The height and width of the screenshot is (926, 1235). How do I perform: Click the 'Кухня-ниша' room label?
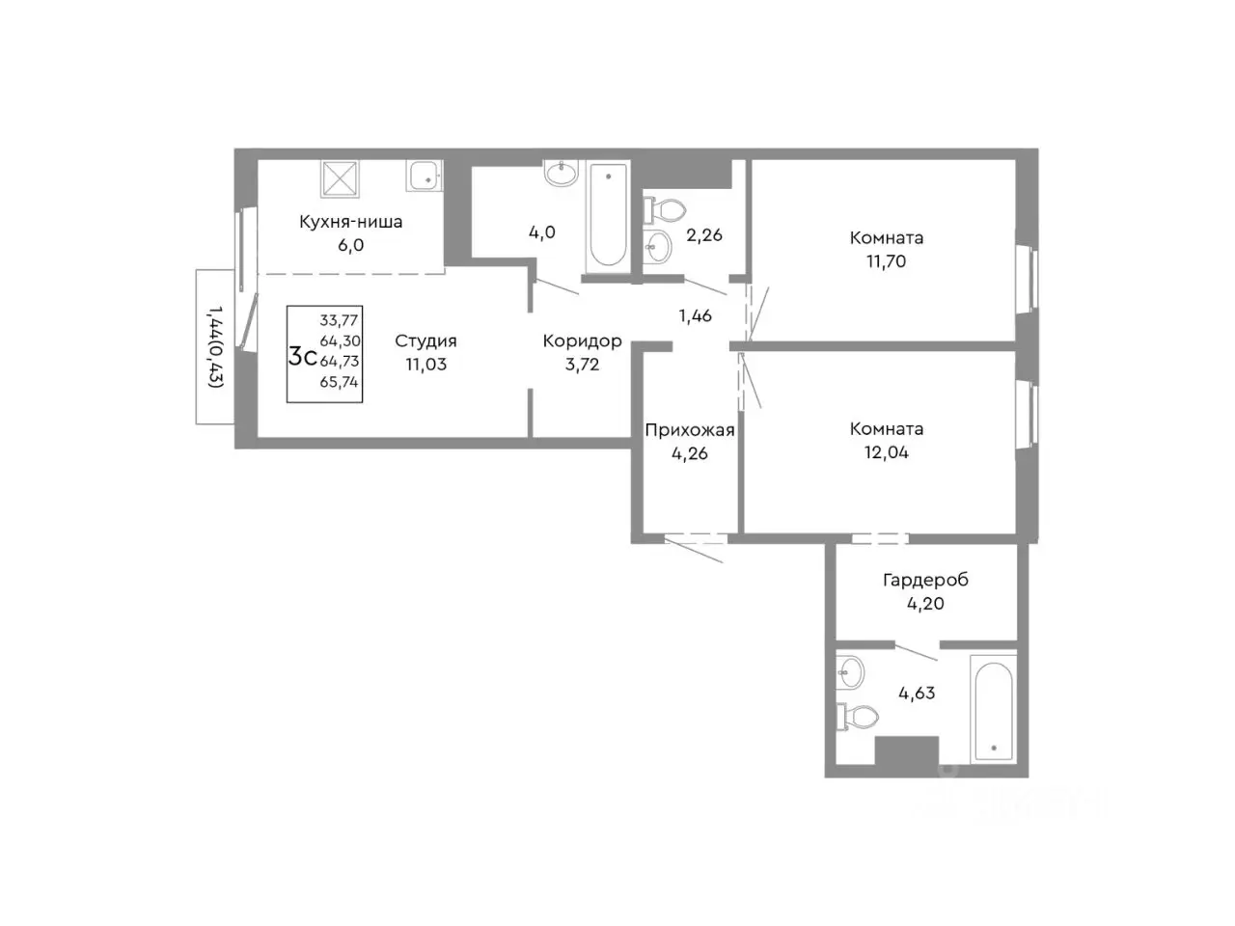coord(350,222)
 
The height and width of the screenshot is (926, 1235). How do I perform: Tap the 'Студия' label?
coord(425,340)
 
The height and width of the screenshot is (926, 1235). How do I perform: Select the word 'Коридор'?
coord(583,340)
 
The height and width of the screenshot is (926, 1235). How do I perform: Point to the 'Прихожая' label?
coord(689,430)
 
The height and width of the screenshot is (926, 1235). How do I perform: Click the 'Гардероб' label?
coord(925,581)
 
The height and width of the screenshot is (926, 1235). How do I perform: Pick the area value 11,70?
coord(886,261)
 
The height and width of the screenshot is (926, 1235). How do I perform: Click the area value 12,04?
coord(886,452)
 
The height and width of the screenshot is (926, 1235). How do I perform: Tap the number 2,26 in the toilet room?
coord(704,235)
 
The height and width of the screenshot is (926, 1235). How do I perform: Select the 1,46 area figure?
coord(696,316)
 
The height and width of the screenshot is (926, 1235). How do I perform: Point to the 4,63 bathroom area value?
coord(917,694)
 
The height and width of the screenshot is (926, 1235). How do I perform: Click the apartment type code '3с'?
coord(302,357)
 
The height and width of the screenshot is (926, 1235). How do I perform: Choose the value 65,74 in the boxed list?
coord(339,382)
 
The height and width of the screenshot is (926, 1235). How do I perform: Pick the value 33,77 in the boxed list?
coord(339,320)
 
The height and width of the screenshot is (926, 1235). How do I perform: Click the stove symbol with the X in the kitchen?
coord(340,178)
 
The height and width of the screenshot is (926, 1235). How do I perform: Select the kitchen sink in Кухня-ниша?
coord(425,176)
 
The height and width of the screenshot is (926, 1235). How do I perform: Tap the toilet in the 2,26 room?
coord(665,211)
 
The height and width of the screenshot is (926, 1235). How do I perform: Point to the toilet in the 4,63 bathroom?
coord(858,717)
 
